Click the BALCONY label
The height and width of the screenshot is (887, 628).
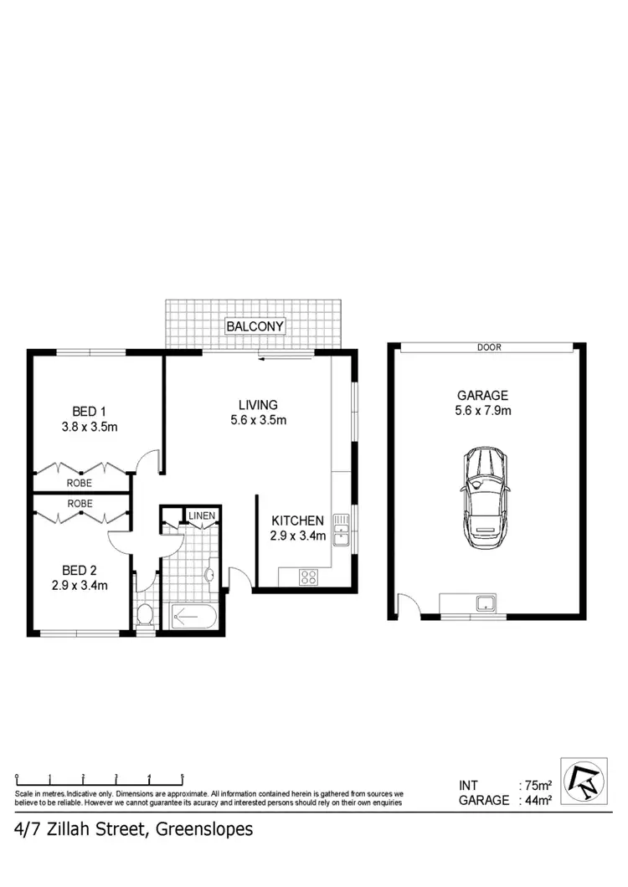click(x=255, y=326)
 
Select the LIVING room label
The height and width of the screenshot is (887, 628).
click(x=258, y=405)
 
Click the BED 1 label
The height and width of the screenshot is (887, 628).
click(x=89, y=411)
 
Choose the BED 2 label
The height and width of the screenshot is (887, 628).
click(x=80, y=570)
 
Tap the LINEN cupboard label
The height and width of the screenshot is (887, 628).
click(x=201, y=515)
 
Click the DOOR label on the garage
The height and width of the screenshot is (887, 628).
click(x=489, y=347)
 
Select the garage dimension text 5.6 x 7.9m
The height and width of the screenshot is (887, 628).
click(x=483, y=410)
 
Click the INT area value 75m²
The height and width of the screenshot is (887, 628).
click(x=536, y=786)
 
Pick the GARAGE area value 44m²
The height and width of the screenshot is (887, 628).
click(x=536, y=800)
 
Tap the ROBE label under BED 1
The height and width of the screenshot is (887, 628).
click(x=80, y=483)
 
